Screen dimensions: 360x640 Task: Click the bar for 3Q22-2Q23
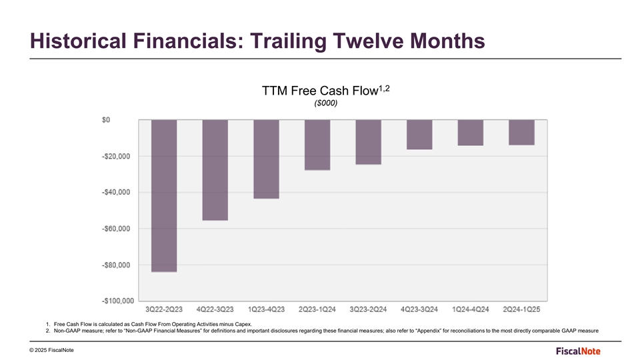[164, 196]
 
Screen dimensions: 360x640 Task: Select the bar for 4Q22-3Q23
[215, 170]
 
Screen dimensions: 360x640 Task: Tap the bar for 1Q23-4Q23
[266, 159]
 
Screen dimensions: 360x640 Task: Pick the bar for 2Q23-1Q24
[317, 145]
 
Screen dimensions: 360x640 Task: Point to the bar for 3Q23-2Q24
[369, 142]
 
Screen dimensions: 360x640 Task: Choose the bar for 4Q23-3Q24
[419, 135]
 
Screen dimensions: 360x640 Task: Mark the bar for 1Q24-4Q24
[471, 133]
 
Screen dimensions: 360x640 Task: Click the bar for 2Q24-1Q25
[522, 132]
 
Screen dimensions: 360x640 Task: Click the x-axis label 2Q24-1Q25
[522, 309]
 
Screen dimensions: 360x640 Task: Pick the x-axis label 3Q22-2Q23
[164, 309]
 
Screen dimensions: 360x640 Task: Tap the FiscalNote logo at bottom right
[581, 351]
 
